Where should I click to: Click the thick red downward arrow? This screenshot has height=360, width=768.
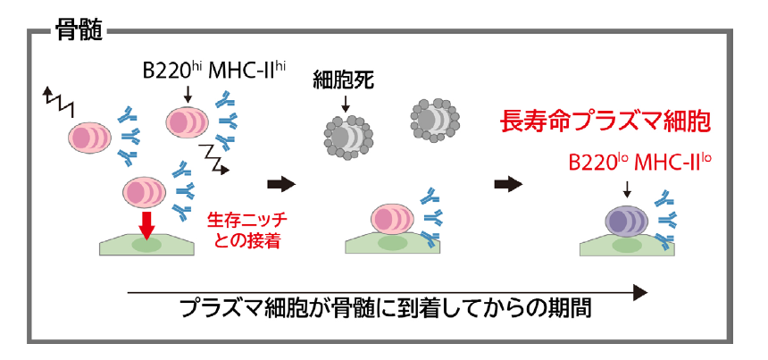144,222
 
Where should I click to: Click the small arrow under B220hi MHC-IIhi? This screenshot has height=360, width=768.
188,93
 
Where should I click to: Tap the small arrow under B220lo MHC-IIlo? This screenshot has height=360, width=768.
628,188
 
